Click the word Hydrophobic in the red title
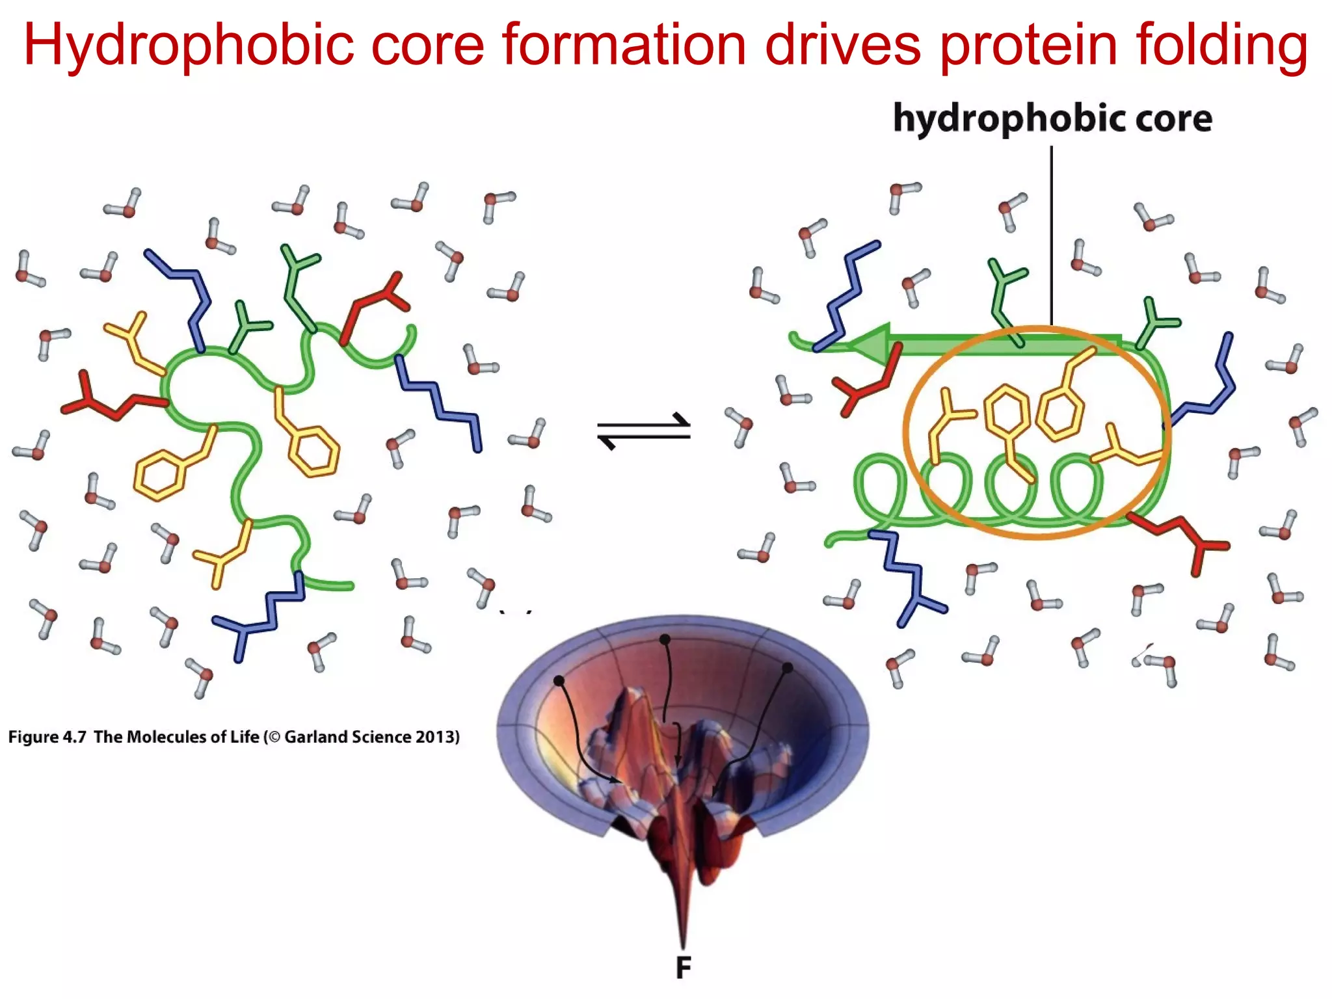point(189,46)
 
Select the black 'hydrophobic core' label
point(1052,118)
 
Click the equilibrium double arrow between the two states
point(644,431)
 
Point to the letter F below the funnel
point(683,968)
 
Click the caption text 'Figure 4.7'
point(47,737)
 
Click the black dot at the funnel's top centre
point(665,640)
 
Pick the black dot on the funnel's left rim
point(559,680)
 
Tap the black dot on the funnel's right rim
point(787,668)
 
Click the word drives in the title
point(843,46)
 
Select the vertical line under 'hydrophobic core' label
point(1051,234)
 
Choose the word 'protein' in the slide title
point(1029,46)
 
